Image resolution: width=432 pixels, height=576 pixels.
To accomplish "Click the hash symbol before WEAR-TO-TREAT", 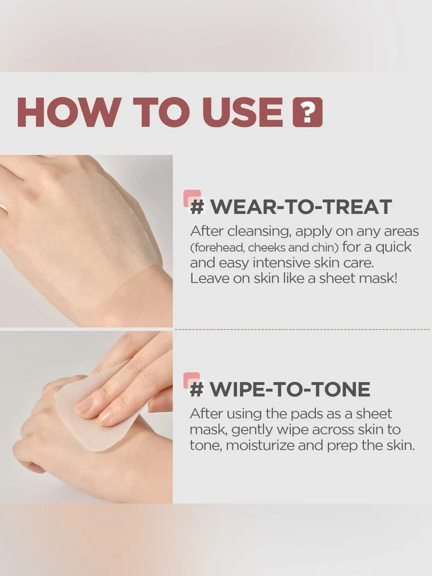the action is pyautogui.click(x=197, y=207).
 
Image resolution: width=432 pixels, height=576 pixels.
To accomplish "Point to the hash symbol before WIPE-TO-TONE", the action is pyautogui.click(x=197, y=389).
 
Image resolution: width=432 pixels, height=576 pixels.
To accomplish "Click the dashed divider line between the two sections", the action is pyautogui.click(x=301, y=329).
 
